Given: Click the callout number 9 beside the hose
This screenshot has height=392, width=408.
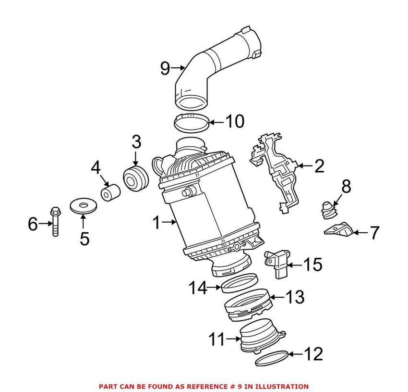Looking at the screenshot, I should (165, 68).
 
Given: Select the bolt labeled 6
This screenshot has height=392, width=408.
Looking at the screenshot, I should (55, 221).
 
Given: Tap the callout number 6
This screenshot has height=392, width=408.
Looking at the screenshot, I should (33, 224).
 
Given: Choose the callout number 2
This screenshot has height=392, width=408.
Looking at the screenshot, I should (319, 167).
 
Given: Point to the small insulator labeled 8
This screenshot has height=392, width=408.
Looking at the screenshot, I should (327, 209).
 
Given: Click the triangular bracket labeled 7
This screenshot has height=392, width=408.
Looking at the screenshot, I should (340, 229).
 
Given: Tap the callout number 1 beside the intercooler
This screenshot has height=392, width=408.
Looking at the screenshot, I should (156, 222).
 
